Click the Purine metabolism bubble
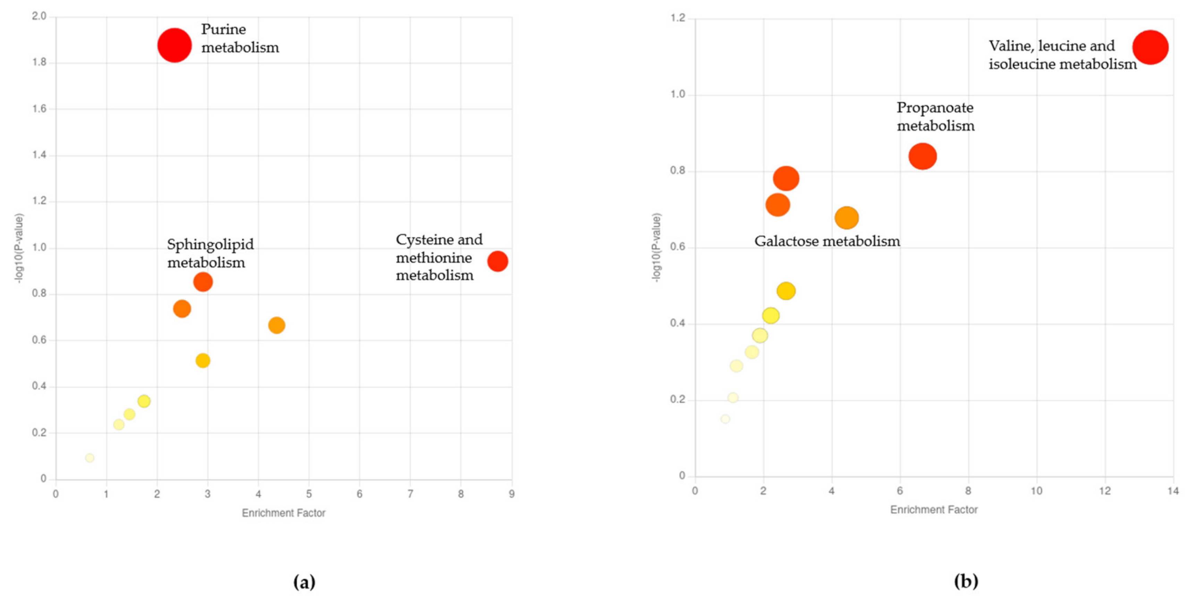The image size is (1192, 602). tap(174, 45)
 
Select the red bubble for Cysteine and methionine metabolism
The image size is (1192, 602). tap(497, 261)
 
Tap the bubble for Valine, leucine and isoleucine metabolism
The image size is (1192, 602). tap(1150, 47)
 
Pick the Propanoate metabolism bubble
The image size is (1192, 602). tap(922, 156)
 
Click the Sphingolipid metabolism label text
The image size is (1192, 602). tap(210, 253)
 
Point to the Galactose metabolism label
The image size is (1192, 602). tap(827, 241)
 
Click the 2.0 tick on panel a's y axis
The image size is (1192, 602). tap(39, 16)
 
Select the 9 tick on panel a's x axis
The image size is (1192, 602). tap(511, 494)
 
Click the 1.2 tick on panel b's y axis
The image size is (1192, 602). tap(678, 18)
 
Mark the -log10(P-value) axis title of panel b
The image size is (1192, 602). tap(656, 248)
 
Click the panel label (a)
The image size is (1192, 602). tap(304, 582)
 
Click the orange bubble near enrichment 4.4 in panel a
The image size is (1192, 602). tap(276, 325)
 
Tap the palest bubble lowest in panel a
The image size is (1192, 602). tap(90, 458)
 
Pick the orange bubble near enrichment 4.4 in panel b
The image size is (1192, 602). tap(846, 218)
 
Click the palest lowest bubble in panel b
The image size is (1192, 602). tap(725, 419)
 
